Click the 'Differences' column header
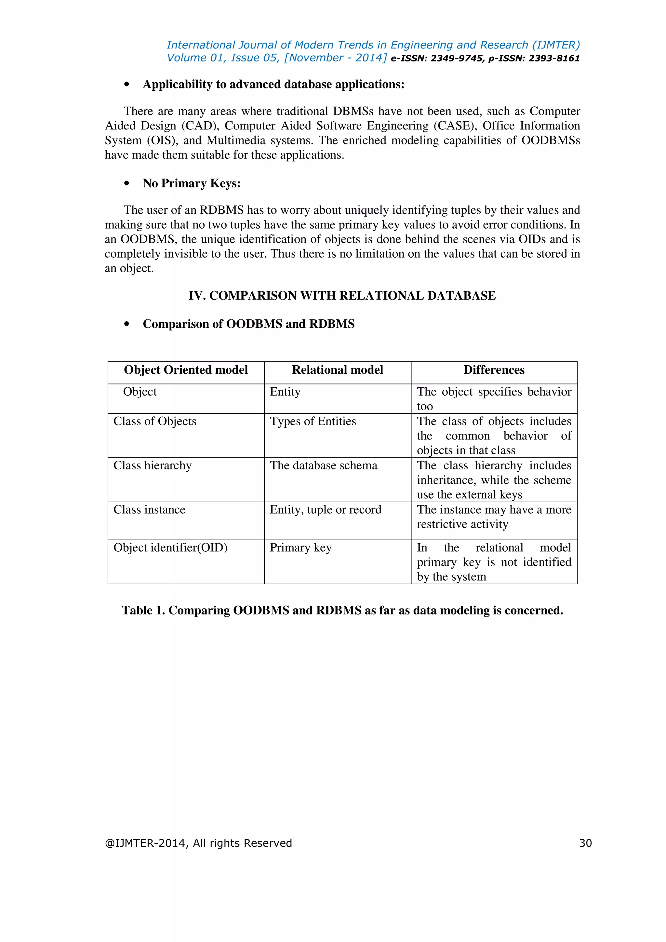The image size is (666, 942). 494,370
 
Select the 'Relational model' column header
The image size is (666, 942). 337,370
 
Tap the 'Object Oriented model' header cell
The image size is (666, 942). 186,370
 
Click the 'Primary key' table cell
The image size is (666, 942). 300,548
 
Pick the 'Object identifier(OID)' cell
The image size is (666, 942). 170,548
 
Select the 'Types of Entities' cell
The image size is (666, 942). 313,421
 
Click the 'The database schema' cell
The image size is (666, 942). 323,466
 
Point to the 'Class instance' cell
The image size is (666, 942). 149,510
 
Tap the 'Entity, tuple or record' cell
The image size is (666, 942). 325,510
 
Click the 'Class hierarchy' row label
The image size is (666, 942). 152,466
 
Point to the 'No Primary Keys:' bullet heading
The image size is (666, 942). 192,183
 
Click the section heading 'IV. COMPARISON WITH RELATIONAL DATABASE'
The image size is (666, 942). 342,296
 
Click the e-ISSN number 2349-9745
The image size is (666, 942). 457,59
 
